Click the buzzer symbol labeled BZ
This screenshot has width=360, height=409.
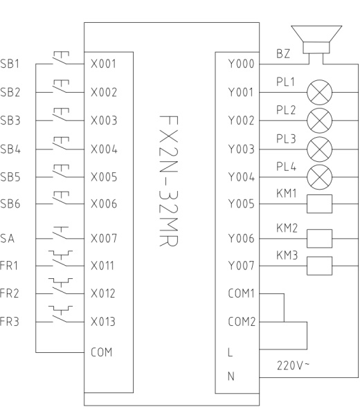(316, 39)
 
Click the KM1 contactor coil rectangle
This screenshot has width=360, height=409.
(320, 203)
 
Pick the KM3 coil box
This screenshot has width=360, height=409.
(320, 266)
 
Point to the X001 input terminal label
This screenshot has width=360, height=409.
(103, 64)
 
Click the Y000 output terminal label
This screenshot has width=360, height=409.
(241, 64)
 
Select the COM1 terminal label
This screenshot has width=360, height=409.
(242, 293)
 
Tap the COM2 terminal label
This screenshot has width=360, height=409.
(242, 322)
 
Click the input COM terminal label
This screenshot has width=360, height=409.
(102, 352)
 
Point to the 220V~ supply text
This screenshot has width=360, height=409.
(293, 365)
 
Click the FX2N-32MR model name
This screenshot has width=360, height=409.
(168, 181)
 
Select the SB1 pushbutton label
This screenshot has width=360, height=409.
(10, 64)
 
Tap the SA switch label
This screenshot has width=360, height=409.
(8, 238)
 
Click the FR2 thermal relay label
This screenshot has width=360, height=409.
(10, 293)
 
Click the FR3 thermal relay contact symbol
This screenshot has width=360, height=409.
(60, 314)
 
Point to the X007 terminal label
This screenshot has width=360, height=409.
(104, 238)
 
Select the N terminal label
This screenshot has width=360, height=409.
(231, 376)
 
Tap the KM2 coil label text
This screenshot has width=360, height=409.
(287, 228)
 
